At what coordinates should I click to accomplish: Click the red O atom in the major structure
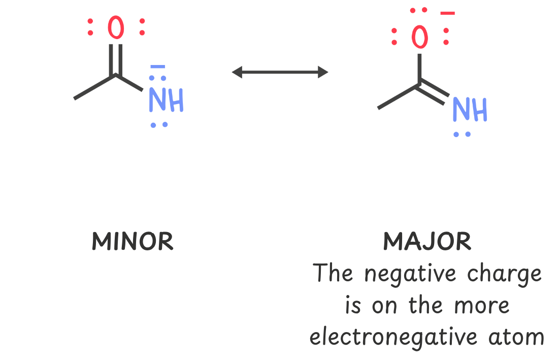click(x=420, y=37)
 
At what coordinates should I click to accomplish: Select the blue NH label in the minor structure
click(x=166, y=101)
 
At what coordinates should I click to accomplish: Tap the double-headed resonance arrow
click(x=280, y=72)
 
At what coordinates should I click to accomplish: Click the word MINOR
click(x=133, y=242)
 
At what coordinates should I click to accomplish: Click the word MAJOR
click(x=427, y=242)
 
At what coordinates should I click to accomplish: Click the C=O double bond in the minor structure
click(x=116, y=59)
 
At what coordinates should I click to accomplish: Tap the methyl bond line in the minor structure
click(x=94, y=87)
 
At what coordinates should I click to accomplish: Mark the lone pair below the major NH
click(x=462, y=134)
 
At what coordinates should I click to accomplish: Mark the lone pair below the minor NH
click(x=158, y=124)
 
